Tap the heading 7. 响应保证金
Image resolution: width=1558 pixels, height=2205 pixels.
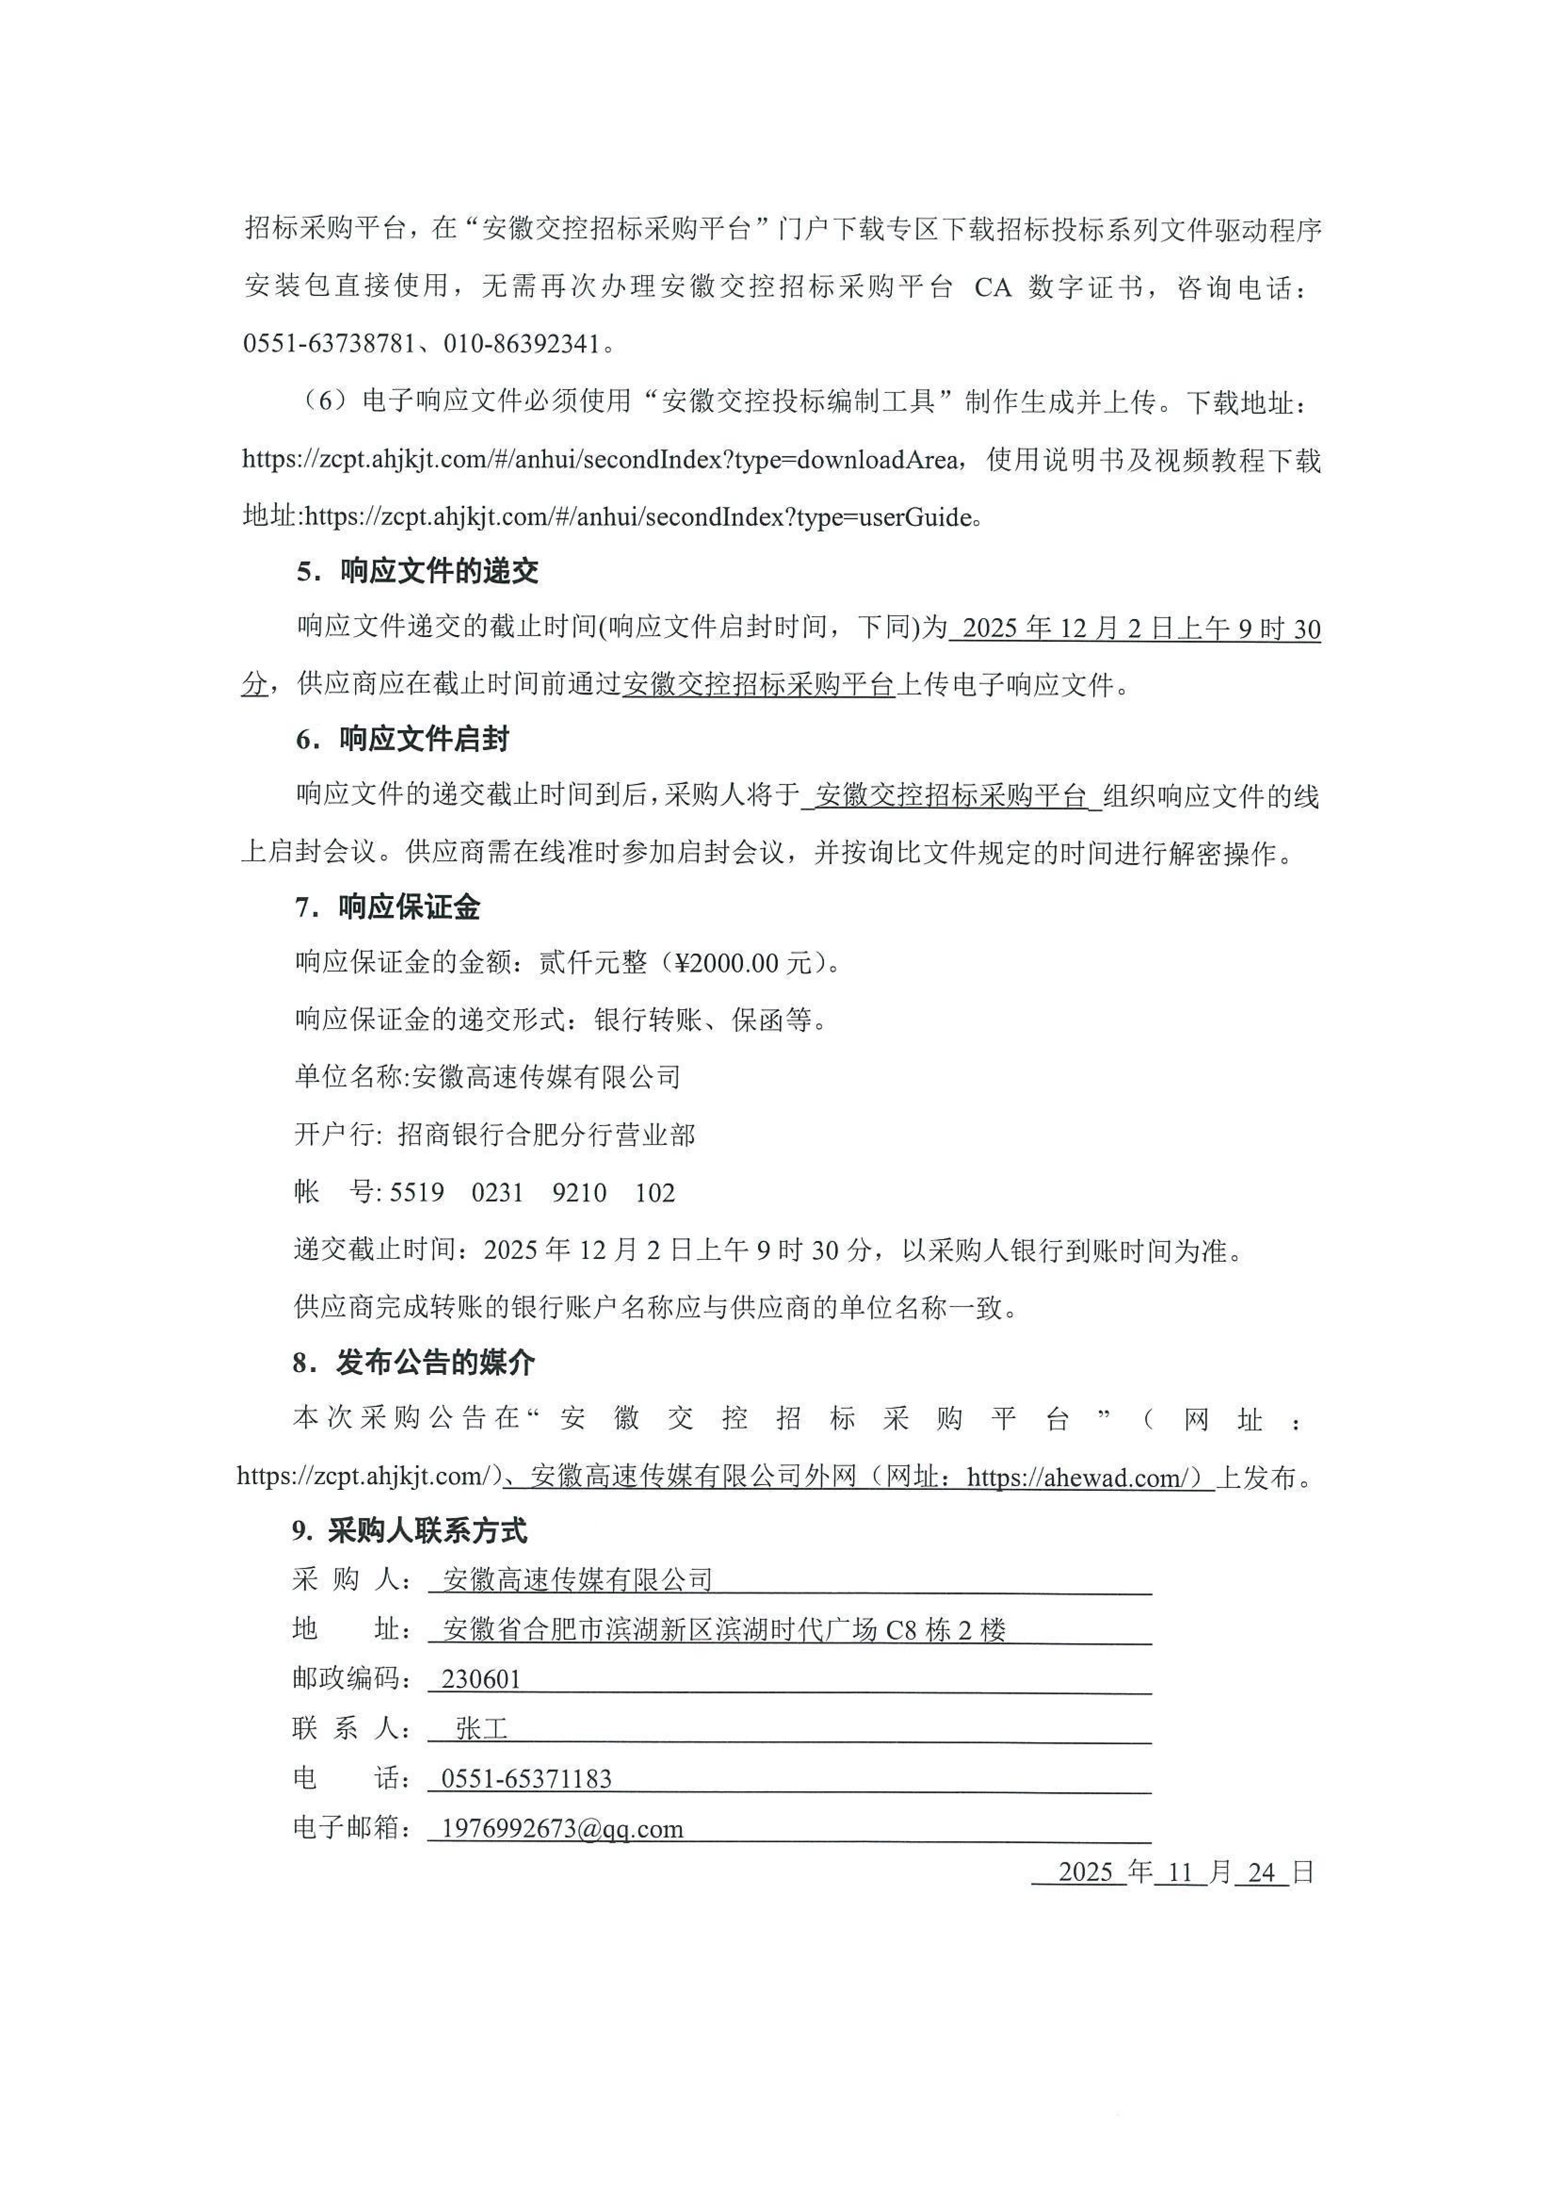pyautogui.click(x=389, y=907)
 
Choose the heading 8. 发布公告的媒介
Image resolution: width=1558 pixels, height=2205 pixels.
pyautogui.click(x=415, y=1363)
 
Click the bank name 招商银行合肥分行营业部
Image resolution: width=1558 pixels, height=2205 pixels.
pyautogui.click(x=546, y=1135)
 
